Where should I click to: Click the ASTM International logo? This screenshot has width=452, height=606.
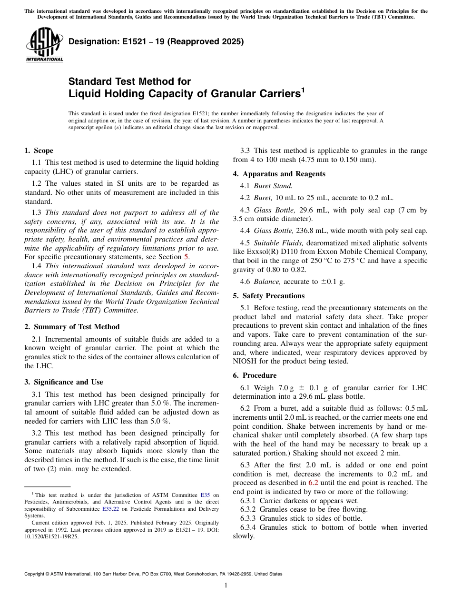click(44, 45)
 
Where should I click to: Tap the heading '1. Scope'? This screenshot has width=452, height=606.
click(39, 151)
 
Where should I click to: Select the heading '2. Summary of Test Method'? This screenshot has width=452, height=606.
click(72, 327)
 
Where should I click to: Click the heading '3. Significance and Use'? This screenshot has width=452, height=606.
click(63, 382)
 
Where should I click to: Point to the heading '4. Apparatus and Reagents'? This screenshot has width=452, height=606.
click(279, 174)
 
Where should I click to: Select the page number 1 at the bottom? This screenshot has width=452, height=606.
click(226, 586)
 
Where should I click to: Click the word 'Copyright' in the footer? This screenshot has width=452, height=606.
click(35, 574)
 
